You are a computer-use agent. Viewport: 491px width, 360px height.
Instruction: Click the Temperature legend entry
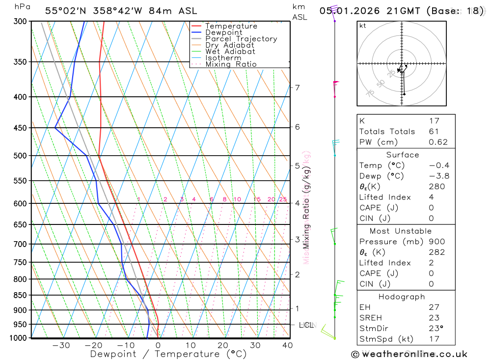click(x=231, y=26)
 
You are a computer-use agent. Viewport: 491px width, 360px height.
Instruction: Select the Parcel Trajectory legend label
click(x=241, y=39)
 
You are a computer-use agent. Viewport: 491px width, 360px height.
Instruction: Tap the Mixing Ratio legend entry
click(x=231, y=64)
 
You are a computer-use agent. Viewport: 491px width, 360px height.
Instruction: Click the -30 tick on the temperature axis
click(x=61, y=345)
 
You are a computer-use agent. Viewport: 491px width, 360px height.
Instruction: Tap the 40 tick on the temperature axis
click(x=288, y=345)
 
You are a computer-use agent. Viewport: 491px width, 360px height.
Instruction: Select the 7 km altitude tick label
click(x=297, y=88)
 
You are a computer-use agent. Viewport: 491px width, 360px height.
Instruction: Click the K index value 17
click(x=434, y=121)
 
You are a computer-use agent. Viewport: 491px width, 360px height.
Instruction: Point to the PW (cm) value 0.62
click(x=438, y=142)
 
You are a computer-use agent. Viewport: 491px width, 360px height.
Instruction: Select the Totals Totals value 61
click(x=434, y=132)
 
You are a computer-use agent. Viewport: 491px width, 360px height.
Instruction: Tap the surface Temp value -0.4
click(x=438, y=166)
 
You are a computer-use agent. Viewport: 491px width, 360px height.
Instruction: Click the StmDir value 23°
click(x=436, y=329)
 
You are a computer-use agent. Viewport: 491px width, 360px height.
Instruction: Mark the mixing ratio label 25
click(x=283, y=199)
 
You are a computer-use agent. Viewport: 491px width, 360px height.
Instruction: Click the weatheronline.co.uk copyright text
click(x=409, y=354)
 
